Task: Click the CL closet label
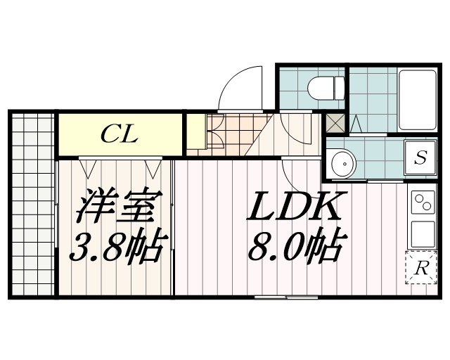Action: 118,134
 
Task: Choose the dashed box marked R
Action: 420,267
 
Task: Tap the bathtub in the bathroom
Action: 418,99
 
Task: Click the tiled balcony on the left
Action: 32,204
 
